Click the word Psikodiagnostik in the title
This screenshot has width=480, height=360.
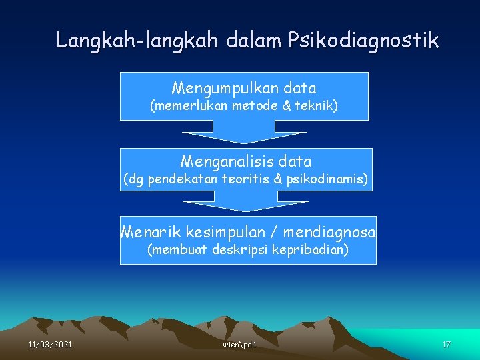point(363,41)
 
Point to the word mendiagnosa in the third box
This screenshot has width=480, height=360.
point(329,233)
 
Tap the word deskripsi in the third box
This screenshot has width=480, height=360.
point(239,250)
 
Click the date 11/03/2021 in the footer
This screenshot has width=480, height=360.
point(51,345)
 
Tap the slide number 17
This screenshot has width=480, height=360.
point(447,345)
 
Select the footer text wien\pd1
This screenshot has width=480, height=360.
point(240,345)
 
